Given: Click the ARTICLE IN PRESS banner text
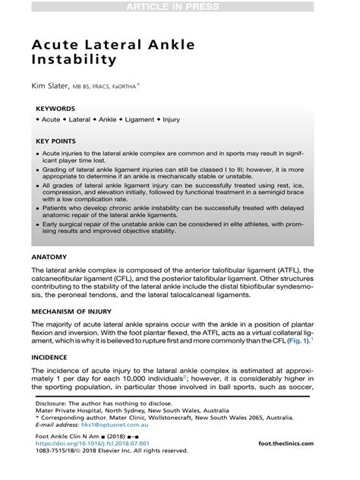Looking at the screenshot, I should pyautogui.click(x=180, y=7).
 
